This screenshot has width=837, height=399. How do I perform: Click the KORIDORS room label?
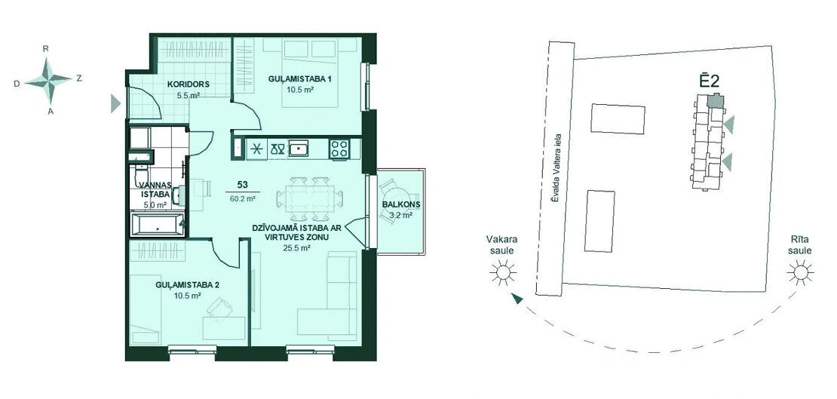coord(187,84)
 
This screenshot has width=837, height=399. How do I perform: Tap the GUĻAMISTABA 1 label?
coord(299,79)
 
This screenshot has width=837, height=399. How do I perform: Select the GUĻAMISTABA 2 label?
coord(186,284)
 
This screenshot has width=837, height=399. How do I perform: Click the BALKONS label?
coord(401,205)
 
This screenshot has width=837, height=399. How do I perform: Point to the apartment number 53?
coord(242,186)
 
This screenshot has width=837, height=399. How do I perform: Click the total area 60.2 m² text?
coord(242,198)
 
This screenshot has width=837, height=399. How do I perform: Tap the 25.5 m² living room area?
coord(298,247)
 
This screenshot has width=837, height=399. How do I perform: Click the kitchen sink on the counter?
coord(299,149)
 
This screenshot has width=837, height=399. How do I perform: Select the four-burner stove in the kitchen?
coord(339,149)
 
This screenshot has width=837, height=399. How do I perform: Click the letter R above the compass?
coord(47,48)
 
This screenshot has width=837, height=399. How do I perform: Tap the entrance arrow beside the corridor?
coord(115,103)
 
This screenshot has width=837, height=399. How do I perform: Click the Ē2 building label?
coord(710,81)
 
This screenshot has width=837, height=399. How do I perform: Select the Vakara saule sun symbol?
coord(503,272)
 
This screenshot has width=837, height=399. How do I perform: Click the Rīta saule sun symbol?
coord(800,272)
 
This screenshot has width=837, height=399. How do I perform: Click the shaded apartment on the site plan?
coord(714,100)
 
